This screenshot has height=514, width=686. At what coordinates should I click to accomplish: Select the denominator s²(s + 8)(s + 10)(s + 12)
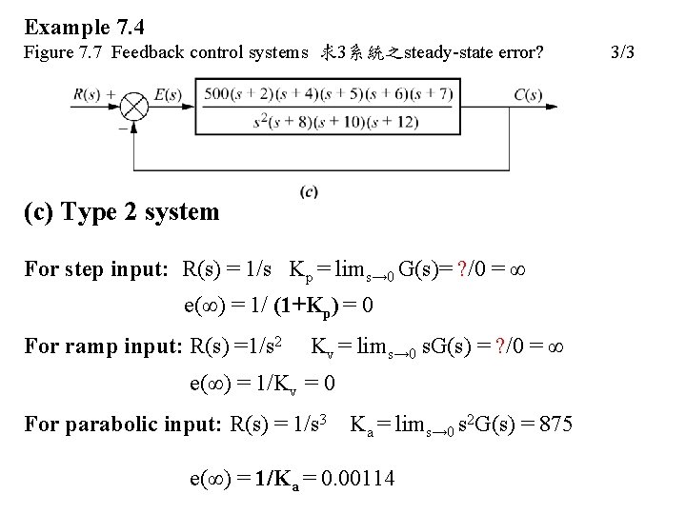pyautogui.click(x=336, y=121)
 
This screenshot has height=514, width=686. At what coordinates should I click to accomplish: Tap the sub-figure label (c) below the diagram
pyautogui.click(x=308, y=191)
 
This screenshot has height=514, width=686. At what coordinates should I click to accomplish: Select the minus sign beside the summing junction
pyautogui.click(x=122, y=124)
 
